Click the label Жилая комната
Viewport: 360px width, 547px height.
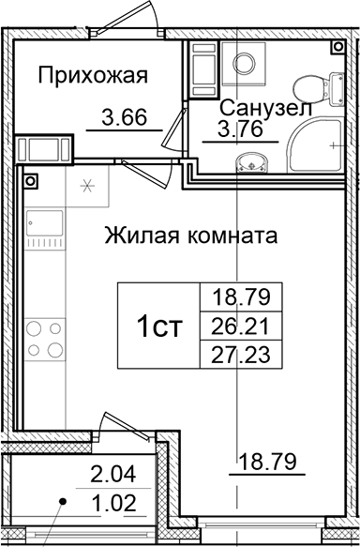190,235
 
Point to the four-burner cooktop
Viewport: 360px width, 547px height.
42,341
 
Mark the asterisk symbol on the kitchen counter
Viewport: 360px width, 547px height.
87,184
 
